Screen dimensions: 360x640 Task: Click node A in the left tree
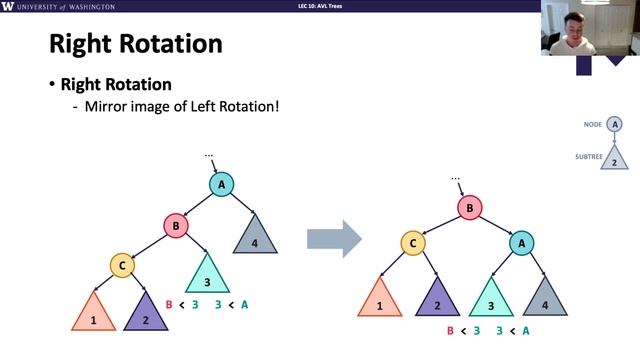coord(221,184)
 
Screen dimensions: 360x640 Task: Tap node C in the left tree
coord(122,266)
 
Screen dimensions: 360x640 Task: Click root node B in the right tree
coord(468,207)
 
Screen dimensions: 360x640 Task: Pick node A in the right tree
coord(520,242)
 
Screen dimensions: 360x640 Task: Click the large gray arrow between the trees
coord(333,237)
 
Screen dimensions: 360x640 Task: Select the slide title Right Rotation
coord(135,44)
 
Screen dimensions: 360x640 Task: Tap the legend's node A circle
coord(615,125)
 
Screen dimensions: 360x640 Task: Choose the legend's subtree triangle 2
coord(615,157)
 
